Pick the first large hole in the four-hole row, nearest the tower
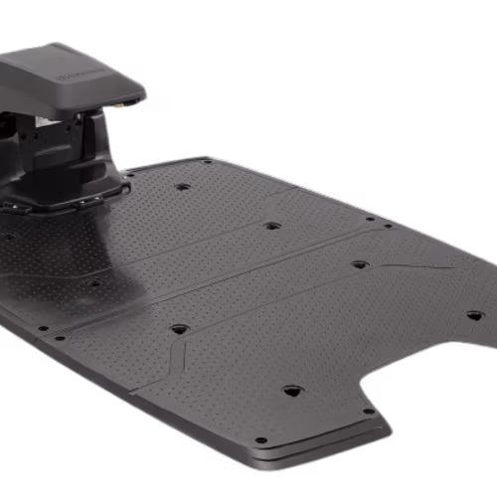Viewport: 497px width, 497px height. [x=182, y=186]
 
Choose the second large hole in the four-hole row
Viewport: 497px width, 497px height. [x=270, y=226]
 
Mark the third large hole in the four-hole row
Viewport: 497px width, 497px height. [x=359, y=265]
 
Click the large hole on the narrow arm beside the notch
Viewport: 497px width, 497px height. [x=474, y=315]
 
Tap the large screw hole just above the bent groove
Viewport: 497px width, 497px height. [x=179, y=328]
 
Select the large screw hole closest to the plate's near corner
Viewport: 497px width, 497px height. [x=291, y=391]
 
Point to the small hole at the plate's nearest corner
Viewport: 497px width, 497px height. [x=260, y=439]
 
